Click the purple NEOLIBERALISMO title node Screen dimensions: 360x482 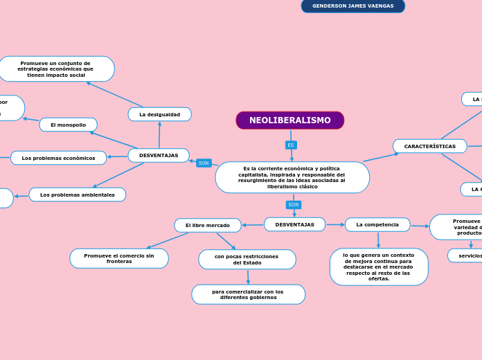[289, 120]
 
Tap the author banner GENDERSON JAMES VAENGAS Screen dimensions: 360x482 [352, 6]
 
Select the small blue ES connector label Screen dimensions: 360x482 [291, 145]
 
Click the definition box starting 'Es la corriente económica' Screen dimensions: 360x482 [292, 177]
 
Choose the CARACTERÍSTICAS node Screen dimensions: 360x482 [429, 146]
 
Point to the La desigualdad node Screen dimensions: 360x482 [159, 114]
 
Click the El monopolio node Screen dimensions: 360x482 [68, 125]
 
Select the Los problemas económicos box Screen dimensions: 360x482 [58, 158]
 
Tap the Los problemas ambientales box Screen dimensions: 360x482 [77, 195]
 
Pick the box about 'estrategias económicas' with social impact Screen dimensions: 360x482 [55, 69]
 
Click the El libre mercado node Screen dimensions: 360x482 [207, 225]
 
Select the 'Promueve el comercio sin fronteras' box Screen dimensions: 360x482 [118, 258]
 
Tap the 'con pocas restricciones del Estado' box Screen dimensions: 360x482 [247, 260]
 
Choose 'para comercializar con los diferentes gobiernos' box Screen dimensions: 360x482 [247, 294]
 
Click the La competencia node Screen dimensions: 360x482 [377, 224]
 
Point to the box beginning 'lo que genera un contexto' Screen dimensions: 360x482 [378, 267]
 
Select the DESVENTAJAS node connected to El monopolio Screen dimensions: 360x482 [158, 155]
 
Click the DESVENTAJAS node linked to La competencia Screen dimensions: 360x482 [294, 224]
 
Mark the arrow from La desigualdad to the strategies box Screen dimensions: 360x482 [115, 94]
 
